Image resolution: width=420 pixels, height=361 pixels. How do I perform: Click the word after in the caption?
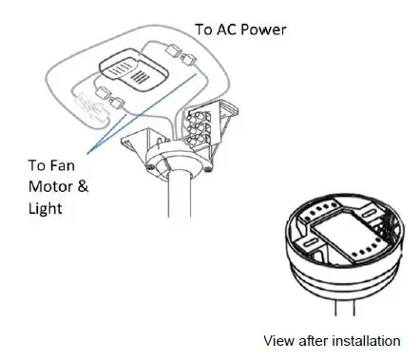tap(316, 340)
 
